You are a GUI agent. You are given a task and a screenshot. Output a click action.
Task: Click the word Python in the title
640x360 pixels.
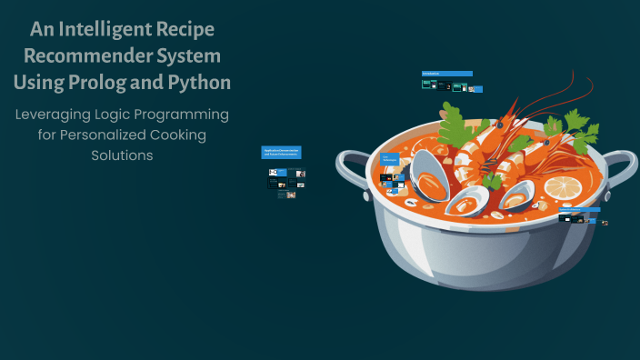point(201,82)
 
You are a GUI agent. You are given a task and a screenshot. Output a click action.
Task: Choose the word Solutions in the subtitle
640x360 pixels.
point(122,155)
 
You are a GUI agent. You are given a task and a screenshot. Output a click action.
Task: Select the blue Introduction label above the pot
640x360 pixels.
point(446,74)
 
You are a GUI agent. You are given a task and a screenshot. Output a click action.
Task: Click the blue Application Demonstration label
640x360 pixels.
point(281,152)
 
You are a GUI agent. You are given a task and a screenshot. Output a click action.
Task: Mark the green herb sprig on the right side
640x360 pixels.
point(579,128)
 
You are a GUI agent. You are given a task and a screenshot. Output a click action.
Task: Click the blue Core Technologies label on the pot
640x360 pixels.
point(389,158)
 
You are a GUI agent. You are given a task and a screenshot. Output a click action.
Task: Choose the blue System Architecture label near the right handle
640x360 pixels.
point(579,209)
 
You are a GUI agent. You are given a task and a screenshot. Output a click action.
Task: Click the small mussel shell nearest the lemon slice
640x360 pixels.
point(515,196)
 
